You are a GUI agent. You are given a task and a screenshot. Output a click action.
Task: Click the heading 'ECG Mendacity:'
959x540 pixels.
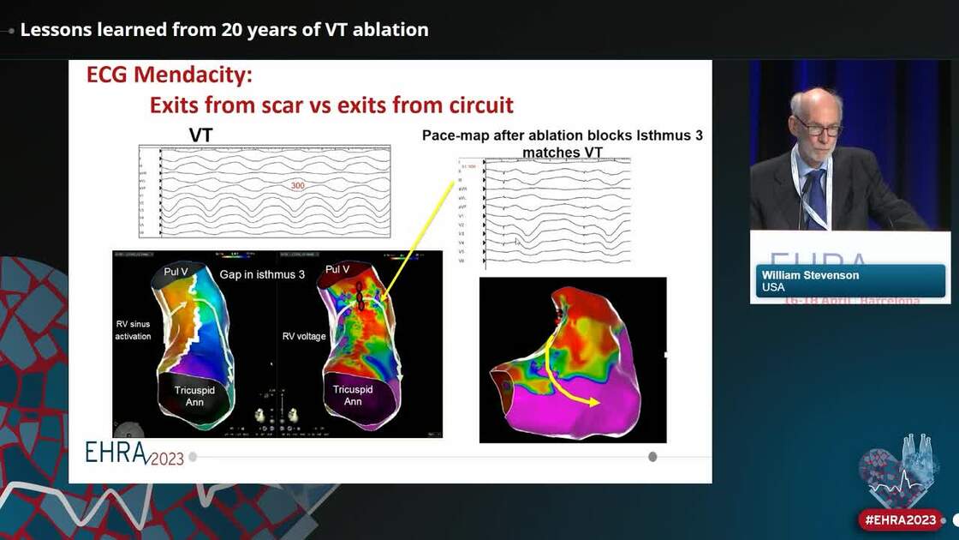(x=169, y=75)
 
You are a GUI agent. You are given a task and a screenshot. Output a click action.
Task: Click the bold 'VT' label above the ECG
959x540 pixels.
(x=200, y=135)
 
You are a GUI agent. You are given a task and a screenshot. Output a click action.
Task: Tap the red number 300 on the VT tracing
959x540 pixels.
(x=298, y=186)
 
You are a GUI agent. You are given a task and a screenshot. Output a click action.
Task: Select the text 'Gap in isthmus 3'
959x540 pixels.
(x=262, y=274)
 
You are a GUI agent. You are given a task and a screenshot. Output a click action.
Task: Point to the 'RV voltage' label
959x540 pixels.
(x=304, y=336)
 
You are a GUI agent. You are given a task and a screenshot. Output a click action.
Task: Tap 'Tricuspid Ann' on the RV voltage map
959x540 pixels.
(x=352, y=395)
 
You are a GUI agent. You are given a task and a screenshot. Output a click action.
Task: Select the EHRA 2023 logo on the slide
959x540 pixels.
(x=134, y=454)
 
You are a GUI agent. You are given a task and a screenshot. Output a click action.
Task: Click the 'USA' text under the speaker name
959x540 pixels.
(x=773, y=288)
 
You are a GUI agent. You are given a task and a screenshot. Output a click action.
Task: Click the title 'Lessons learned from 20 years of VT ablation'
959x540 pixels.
(x=224, y=30)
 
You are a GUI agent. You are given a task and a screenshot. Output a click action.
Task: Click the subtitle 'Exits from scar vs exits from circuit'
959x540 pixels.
(x=331, y=105)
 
